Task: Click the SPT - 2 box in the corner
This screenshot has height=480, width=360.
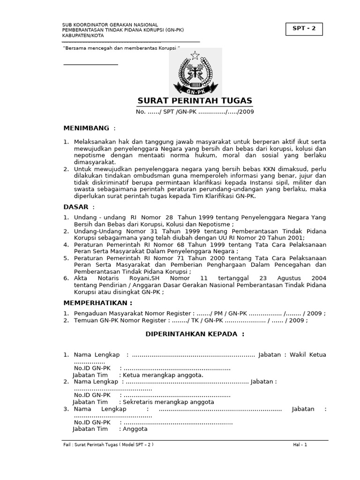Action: click(x=304, y=29)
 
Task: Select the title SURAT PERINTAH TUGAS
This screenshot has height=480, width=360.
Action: click(x=195, y=101)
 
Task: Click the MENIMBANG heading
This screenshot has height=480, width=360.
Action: click(x=87, y=128)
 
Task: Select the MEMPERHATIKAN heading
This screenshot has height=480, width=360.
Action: click(x=98, y=303)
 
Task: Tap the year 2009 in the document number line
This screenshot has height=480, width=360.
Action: click(x=246, y=112)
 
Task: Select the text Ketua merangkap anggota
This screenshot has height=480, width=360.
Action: click(x=163, y=375)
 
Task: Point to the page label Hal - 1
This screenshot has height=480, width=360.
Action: click(x=300, y=444)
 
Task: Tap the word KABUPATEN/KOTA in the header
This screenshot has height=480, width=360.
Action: click(x=83, y=36)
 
